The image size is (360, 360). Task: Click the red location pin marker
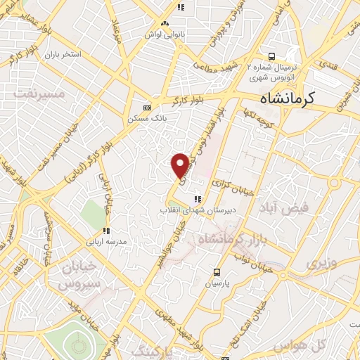(x=181, y=165)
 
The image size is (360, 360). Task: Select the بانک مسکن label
(x=147, y=120)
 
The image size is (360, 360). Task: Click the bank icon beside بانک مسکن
(x=147, y=108)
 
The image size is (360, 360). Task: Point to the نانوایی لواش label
(x=158, y=34)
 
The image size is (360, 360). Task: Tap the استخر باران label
(x=62, y=54)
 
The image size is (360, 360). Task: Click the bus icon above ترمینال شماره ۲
(x=270, y=56)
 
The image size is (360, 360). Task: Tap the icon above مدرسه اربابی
(x=105, y=231)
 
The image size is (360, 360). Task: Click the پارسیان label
(x=218, y=284)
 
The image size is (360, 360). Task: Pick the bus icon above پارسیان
(x=217, y=272)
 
